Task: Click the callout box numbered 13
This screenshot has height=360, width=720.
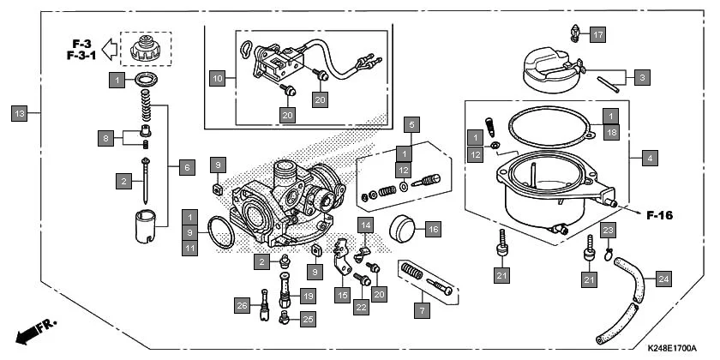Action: tap(20, 112)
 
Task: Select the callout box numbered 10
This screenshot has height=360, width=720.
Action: tap(218, 78)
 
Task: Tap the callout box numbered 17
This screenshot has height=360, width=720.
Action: tap(597, 35)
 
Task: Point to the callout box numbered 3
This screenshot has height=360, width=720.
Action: tap(643, 77)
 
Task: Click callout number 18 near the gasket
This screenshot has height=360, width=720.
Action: tap(610, 133)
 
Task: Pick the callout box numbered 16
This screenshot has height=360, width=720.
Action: tap(433, 230)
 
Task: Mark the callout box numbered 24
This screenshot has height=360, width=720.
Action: tap(663, 278)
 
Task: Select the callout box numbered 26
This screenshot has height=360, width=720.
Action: tap(242, 305)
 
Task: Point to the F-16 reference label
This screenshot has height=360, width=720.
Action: tap(658, 215)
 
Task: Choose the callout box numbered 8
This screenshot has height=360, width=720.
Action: tap(105, 137)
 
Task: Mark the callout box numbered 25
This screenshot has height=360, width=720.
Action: tap(308, 319)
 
